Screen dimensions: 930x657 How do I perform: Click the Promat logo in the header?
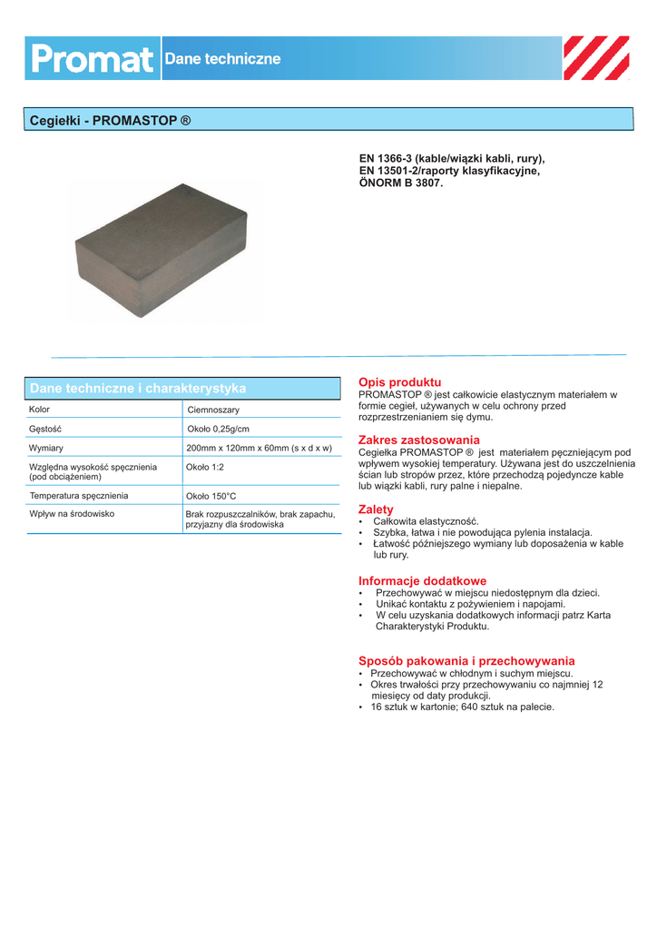pos(93,59)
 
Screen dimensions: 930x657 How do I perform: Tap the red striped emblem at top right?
pos(596,59)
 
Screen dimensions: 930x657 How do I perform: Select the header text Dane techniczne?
pos(222,59)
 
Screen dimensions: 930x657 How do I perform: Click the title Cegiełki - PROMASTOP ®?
pos(111,120)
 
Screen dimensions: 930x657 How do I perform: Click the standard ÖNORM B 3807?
pos(401,183)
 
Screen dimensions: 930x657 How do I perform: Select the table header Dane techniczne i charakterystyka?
pos(138,389)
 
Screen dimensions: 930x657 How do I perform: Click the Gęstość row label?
pos(44,428)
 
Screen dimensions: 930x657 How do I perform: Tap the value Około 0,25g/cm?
pos(218,429)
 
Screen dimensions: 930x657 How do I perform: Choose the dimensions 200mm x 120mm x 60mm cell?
pos(259,448)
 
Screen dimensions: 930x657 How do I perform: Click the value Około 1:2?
pos(205,467)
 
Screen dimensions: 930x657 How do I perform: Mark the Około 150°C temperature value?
pos(211,497)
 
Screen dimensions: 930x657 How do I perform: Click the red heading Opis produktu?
pos(399,382)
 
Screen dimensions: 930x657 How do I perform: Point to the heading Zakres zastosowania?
pos(419,440)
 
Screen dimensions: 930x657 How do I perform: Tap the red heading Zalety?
pos(376,510)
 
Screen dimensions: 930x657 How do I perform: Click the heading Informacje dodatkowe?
pos(422,580)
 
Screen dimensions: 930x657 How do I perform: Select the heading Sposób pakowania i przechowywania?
pos(466,661)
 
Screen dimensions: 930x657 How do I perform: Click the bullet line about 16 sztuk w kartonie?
pos(462,707)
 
